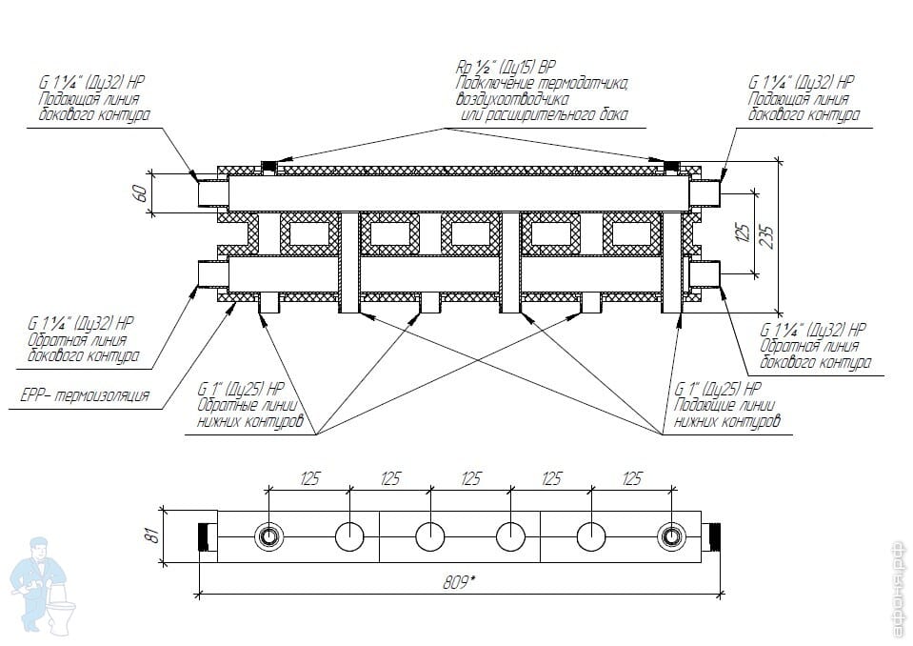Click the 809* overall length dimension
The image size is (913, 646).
[x=460, y=582]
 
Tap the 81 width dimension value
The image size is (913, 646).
[x=153, y=535]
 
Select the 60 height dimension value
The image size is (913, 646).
[x=140, y=193]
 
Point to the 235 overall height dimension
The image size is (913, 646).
[x=768, y=236]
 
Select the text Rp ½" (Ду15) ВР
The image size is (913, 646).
[x=506, y=67]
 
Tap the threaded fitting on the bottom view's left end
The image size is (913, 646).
[x=208, y=536]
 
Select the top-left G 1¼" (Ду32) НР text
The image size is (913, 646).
[x=91, y=82]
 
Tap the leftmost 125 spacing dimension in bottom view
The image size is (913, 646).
[x=309, y=479]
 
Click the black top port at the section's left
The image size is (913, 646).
[x=269, y=167]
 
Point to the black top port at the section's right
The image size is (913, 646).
[x=672, y=167]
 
